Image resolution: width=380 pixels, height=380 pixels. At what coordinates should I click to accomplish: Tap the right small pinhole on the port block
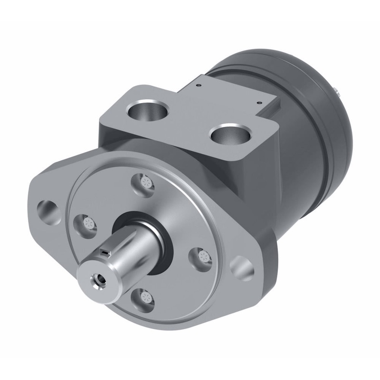tap(259, 101)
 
